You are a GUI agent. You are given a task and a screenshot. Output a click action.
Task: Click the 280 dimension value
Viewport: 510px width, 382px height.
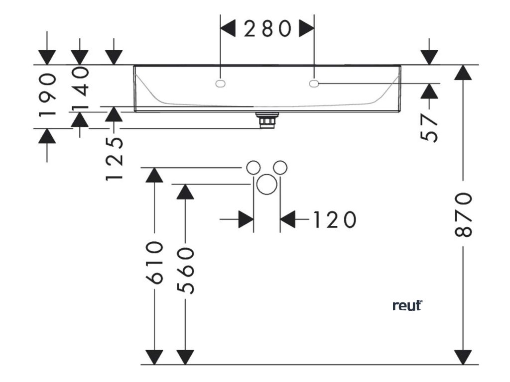(267, 29)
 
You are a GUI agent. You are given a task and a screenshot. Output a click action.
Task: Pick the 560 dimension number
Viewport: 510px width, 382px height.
(185, 271)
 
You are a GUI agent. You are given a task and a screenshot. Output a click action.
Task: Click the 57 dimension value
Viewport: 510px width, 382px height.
(430, 128)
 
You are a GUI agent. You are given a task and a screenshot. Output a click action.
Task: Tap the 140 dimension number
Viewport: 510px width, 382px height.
(80, 89)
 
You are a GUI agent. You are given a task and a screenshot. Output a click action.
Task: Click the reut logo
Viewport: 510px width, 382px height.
(407, 305)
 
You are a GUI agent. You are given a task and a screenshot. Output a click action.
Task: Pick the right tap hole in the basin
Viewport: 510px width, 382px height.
(314, 84)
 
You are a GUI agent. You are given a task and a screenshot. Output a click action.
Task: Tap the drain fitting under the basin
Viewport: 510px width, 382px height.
(268, 120)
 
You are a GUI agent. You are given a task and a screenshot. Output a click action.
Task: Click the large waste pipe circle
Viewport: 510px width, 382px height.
(267, 185)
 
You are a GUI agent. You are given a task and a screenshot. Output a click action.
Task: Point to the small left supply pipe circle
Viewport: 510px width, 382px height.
(254, 168)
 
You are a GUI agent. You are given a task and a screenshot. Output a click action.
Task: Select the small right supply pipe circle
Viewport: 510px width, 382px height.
(280, 168)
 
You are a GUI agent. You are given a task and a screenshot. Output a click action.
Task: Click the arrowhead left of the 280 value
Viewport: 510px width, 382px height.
(228, 29)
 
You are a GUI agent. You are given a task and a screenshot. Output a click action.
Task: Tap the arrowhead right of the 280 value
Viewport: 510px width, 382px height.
(306, 29)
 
